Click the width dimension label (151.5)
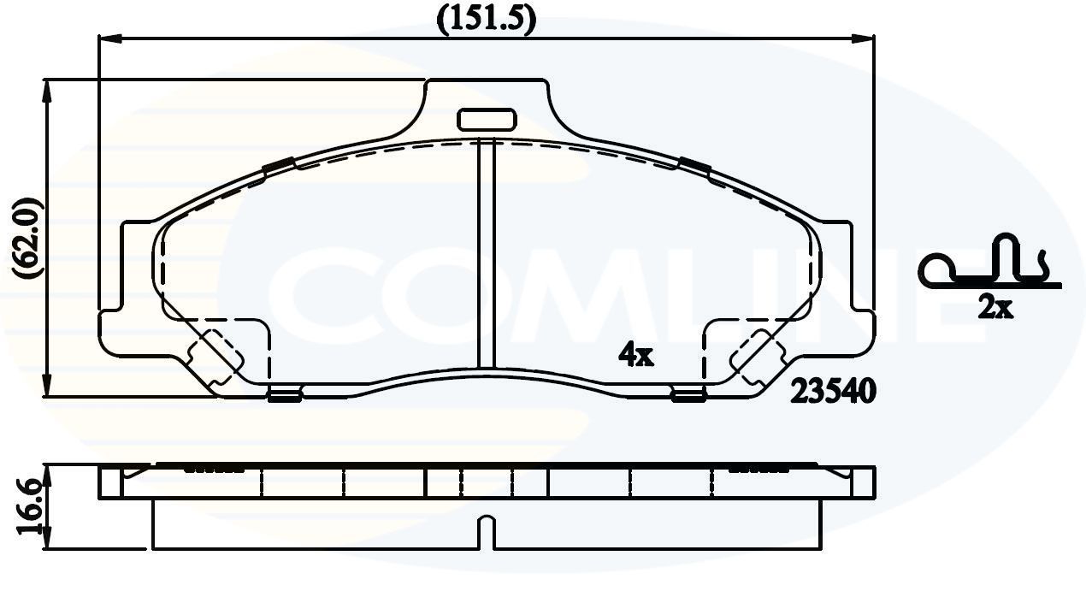pos(486,18)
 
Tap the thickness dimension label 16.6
pos(28,510)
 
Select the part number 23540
pos(834,392)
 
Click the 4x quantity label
pos(636,355)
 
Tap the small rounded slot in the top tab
pos(485,119)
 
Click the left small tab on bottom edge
pos(284,394)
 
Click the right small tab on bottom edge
pos(688,394)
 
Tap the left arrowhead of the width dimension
pos(108,38)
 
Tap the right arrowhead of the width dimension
pos(865,38)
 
